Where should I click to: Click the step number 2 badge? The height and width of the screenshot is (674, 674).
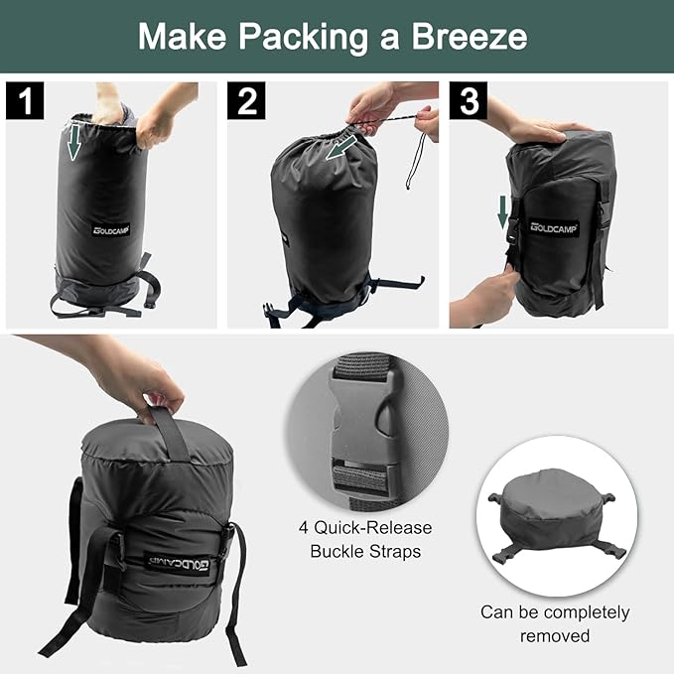click(x=245, y=99)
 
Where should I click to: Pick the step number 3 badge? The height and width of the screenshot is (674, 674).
click(x=469, y=99)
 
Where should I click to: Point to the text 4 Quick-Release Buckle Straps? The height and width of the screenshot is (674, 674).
click(x=366, y=539)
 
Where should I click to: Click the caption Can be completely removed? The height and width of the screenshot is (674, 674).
click(x=555, y=623)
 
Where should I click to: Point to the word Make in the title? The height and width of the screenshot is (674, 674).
click(x=180, y=38)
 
